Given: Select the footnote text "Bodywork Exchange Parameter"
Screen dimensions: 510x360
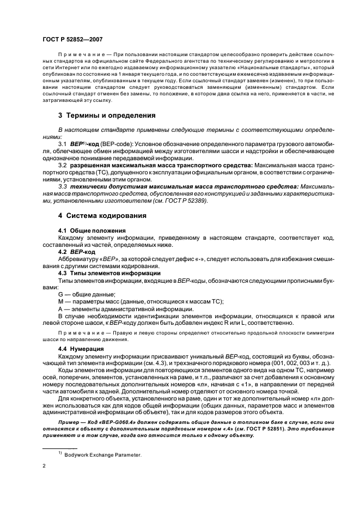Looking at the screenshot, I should (103, 454).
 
